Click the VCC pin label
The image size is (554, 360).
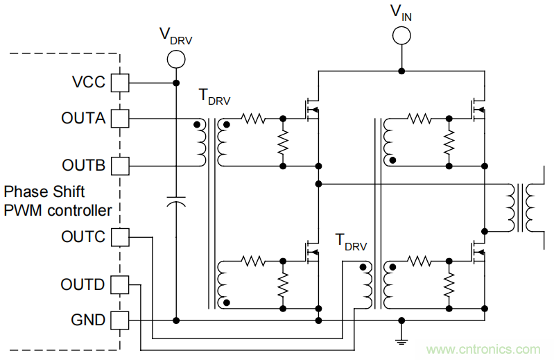coord(88,83)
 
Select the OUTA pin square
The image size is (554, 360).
coord(121,119)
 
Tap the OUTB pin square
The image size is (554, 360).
coord(121,166)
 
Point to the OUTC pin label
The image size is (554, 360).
coord(83,237)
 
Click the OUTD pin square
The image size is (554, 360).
coord(121,284)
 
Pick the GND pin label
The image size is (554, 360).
coord(88,320)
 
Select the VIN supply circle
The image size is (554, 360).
coord(401,35)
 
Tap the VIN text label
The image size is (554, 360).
coord(401,12)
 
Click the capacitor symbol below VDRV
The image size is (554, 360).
coord(176,202)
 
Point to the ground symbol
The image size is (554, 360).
coord(401,339)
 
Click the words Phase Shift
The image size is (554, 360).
coord(44,191)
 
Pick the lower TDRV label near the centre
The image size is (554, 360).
coord(350,242)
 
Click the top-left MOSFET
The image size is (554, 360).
coord(310,110)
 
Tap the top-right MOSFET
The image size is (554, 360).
coord(477,108)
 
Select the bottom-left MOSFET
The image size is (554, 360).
coord(310,251)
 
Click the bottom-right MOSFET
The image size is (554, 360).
coord(477,251)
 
